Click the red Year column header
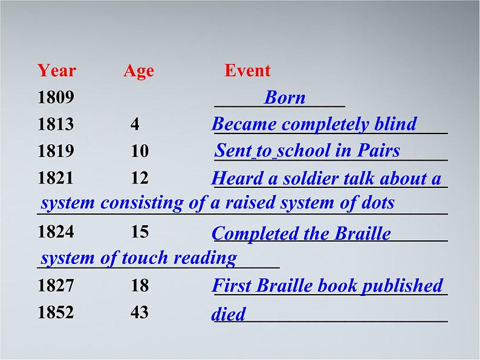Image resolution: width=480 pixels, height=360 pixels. [x=56, y=71]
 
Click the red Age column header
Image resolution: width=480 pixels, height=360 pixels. [x=138, y=71]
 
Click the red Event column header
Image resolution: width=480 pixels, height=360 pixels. [x=247, y=71]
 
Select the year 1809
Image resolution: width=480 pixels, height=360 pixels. [x=55, y=97]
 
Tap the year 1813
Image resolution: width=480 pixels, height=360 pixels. [x=55, y=124]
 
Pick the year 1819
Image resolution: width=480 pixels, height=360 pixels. [x=55, y=151]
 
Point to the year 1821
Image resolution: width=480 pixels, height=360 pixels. [x=55, y=178]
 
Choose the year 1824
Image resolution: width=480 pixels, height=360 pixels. [x=55, y=232]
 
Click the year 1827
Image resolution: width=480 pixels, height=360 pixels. [x=55, y=286]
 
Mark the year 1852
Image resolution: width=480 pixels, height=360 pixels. [x=55, y=313]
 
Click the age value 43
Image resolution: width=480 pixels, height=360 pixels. [x=139, y=313]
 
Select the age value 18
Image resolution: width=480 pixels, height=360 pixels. [x=139, y=286]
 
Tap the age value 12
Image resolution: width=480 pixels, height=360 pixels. [x=139, y=178]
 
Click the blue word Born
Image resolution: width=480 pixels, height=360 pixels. [x=285, y=97]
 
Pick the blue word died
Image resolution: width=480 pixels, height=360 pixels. [x=229, y=315]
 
